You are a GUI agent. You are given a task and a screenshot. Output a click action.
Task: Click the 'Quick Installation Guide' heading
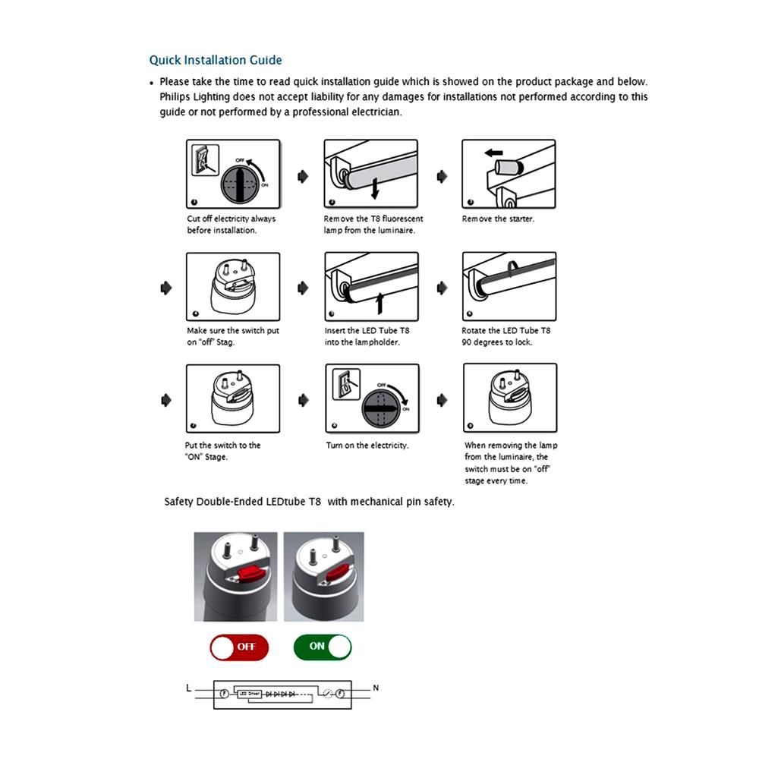[215, 60]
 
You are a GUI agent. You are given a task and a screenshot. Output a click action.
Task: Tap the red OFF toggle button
[239, 647]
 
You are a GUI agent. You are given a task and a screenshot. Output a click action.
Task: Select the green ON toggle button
[323, 647]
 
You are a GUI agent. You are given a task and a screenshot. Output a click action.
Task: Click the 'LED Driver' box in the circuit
[250, 694]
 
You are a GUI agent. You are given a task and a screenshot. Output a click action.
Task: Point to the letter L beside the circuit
[189, 688]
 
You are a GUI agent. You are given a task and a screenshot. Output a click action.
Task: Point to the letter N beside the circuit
[376, 688]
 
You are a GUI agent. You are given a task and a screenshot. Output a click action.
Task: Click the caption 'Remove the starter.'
[498, 219]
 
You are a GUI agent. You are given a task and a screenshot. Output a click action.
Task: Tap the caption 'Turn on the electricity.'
[367, 446]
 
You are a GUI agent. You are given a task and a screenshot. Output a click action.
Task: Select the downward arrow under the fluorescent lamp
[374, 187]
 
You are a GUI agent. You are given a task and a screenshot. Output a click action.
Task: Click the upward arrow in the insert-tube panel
[379, 301]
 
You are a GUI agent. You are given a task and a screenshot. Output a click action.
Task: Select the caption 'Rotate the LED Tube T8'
[505, 331]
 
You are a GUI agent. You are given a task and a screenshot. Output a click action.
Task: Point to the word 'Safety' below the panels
[179, 502]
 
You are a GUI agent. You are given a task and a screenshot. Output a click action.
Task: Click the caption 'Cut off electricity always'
[231, 219]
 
